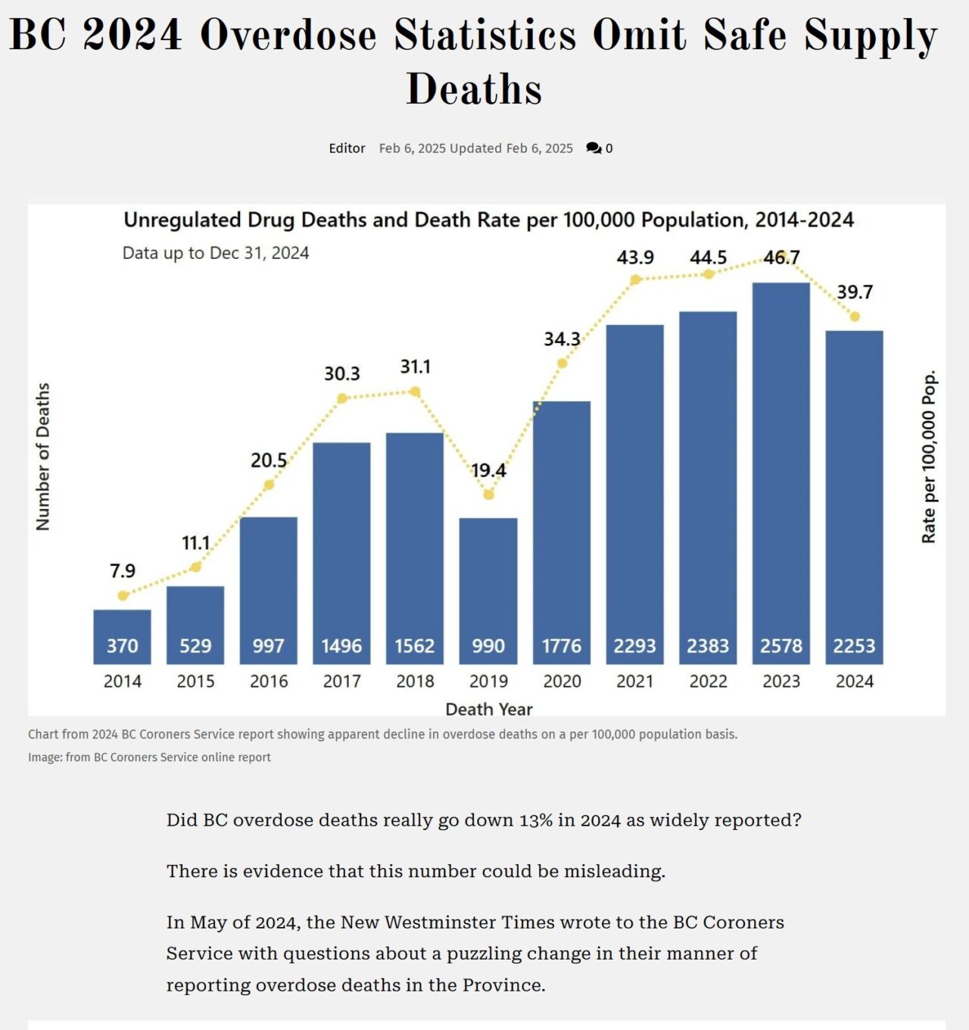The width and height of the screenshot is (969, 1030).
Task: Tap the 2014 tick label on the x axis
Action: pos(123,681)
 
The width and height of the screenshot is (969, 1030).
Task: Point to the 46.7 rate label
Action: pos(781,257)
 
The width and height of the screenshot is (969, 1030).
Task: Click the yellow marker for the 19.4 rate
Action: pos(488,495)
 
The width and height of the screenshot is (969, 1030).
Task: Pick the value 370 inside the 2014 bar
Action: pos(123,646)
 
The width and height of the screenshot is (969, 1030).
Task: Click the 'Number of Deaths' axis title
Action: pos(43,456)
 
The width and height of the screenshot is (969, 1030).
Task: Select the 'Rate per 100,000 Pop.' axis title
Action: pos(929,456)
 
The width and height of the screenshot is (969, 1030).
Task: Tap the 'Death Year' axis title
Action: pos(488,709)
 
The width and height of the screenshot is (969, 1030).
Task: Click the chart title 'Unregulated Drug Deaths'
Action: pos(488,220)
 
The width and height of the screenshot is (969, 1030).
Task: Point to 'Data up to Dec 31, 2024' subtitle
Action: pos(216,253)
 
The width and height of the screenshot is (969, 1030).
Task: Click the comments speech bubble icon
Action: pos(594,148)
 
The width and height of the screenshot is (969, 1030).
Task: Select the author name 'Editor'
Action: pos(347,148)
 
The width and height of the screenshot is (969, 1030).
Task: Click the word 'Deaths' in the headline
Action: pos(474,89)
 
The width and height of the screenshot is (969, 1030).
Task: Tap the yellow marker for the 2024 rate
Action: pos(855,317)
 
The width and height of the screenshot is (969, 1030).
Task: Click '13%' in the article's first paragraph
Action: pos(535,820)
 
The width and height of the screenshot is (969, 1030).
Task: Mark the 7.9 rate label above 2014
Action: pos(123,570)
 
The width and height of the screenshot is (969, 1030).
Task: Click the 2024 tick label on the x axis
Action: pos(855,681)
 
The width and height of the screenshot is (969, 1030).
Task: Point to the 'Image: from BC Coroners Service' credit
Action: pos(149,757)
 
